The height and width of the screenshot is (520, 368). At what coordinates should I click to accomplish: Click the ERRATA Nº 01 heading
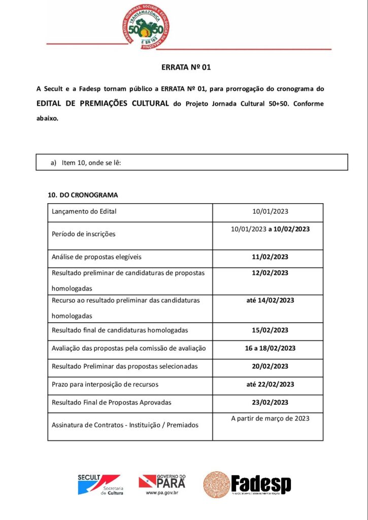(x=186, y=67)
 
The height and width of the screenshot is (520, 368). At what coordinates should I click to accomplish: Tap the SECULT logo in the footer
(x=99, y=484)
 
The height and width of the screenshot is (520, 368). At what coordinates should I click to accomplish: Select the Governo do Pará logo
(x=162, y=484)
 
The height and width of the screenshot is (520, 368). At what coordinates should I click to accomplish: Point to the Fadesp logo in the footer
(x=247, y=484)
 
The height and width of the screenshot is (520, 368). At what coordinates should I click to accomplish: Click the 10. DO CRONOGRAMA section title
(x=83, y=195)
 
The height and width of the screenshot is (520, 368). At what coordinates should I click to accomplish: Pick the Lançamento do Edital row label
(x=84, y=211)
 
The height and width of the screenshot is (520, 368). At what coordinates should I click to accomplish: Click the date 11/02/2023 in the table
(x=270, y=257)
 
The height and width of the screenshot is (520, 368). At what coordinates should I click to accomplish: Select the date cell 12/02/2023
(x=270, y=273)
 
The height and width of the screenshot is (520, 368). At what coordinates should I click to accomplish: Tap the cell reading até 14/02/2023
(x=270, y=300)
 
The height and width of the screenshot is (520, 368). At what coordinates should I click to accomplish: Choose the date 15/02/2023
(x=270, y=330)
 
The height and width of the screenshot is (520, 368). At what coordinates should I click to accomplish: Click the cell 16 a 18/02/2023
(x=270, y=348)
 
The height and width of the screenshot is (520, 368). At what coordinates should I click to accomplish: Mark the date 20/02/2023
(x=270, y=366)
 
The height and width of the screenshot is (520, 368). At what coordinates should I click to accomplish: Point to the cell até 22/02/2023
(x=270, y=384)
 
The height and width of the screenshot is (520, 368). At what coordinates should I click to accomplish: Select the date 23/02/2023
(x=270, y=402)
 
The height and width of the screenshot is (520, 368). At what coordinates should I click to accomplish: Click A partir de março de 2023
(x=270, y=418)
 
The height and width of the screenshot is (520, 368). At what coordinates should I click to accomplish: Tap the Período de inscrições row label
(x=84, y=234)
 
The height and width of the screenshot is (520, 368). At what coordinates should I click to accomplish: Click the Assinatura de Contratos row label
(x=125, y=425)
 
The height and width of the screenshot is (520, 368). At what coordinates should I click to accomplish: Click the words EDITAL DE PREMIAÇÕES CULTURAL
(x=103, y=104)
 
